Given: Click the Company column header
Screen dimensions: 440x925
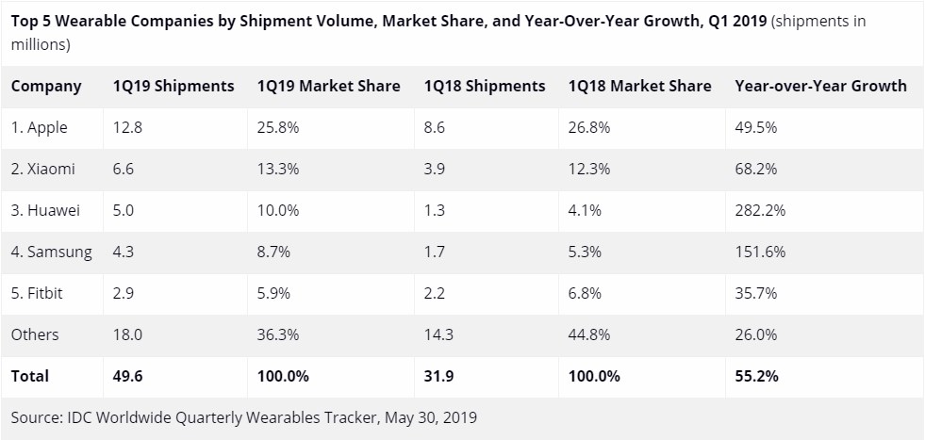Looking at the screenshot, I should pyautogui.click(x=46, y=86).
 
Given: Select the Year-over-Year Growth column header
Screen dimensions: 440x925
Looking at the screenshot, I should pyautogui.click(x=820, y=86).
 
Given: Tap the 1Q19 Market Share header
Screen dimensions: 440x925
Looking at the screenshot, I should pyautogui.click(x=328, y=86).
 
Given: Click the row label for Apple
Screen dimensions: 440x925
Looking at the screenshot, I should pyautogui.click(x=40, y=127).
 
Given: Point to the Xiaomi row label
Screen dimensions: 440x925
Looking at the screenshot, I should pyautogui.click(x=43, y=169).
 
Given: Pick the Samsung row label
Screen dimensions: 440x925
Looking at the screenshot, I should pyautogui.click(x=52, y=252).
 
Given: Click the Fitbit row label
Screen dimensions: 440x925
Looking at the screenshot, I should pyautogui.click(x=38, y=293).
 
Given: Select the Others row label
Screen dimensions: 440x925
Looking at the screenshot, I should pyautogui.click(x=35, y=334).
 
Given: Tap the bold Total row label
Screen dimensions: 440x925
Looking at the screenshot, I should pyautogui.click(x=30, y=376).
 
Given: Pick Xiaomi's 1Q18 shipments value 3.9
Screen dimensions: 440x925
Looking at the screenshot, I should pyautogui.click(x=435, y=169).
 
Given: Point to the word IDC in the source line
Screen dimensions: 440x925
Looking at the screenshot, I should pyautogui.click(x=79, y=416).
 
